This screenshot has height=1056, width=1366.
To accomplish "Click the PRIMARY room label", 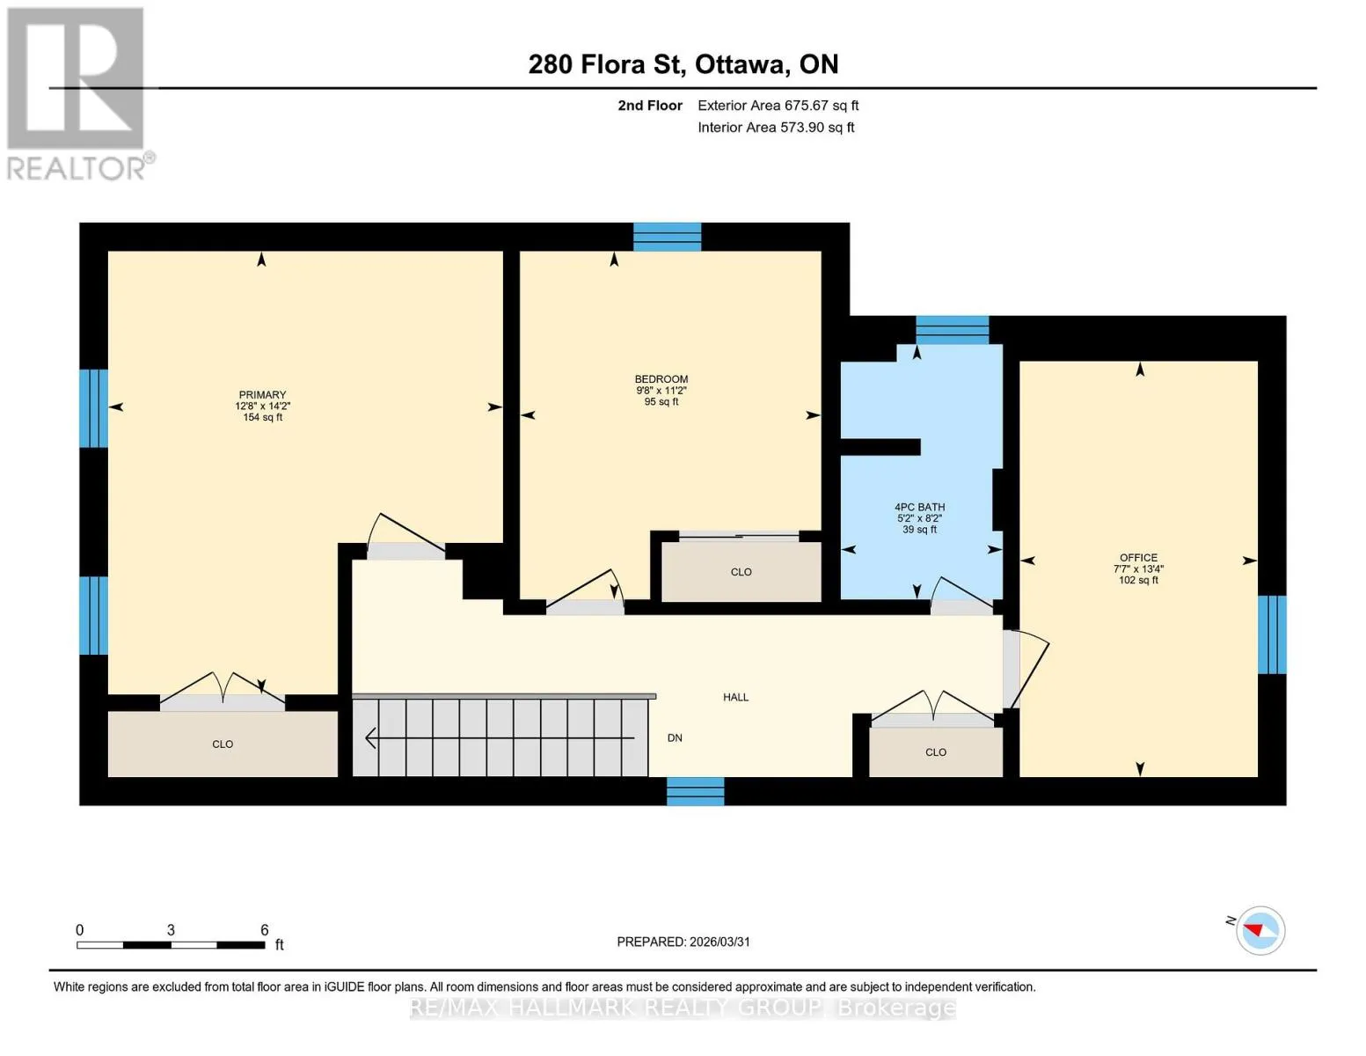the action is pos(262,394).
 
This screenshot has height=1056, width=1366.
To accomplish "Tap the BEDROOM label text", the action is pos(661,378).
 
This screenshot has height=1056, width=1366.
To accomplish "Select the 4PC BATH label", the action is pos(919,507).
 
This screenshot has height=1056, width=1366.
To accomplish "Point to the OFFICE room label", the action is pos(1138,557).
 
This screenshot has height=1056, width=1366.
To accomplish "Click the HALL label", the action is pos(735,697).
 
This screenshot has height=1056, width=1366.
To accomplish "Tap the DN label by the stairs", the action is pos(675,737).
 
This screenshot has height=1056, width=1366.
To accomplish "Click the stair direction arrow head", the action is pos(371,737).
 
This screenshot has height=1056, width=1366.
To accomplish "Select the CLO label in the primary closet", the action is pos(223,744).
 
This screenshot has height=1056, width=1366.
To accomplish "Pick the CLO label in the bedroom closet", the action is pos(741,572).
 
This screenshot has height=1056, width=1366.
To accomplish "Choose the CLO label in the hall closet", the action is pos(935,752).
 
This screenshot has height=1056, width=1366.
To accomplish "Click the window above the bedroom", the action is pos(667,237).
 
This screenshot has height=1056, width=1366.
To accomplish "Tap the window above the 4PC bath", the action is pos(952,330).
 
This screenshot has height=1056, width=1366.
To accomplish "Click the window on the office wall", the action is pos(1272,634).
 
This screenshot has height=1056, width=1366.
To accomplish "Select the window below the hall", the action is pos(695,791).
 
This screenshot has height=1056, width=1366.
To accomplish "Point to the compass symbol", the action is pos(1260,931).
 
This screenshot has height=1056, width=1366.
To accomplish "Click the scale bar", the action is pos(171,944).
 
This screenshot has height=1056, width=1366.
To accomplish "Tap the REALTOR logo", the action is pos(78,94).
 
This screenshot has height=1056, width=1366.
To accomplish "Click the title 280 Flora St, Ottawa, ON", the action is pos(683,64).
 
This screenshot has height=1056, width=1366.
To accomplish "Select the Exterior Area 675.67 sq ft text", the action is pos(778,106).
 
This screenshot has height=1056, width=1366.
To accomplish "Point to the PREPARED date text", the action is pos(683,942).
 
